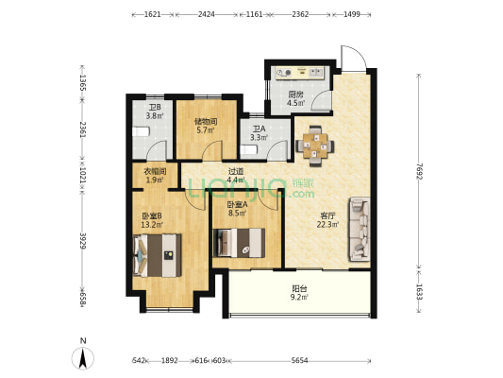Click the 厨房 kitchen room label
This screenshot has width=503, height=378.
pos(295,94)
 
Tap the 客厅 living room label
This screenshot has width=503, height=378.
pos(327,215)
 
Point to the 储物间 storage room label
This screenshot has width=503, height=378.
pos(206,122)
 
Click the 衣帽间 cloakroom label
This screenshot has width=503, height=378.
pos(155,172)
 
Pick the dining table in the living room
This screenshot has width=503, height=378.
pos(314,146)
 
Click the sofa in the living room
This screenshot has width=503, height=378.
pos(360,229)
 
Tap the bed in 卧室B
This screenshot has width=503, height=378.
pos(158,255)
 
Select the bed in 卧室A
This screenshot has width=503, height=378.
pos(239,243)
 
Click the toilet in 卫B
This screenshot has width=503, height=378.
pos(142,131)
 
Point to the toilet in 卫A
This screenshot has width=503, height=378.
pos(249,150)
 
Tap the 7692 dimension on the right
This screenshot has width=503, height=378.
pos(418,171)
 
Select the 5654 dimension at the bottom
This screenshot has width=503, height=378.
pos(299,361)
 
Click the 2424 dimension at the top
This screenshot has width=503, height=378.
pos(207,14)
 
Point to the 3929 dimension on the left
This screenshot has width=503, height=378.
pos(83,241)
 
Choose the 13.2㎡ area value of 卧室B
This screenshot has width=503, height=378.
pos(152,225)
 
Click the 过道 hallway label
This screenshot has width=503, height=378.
pos(236,172)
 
